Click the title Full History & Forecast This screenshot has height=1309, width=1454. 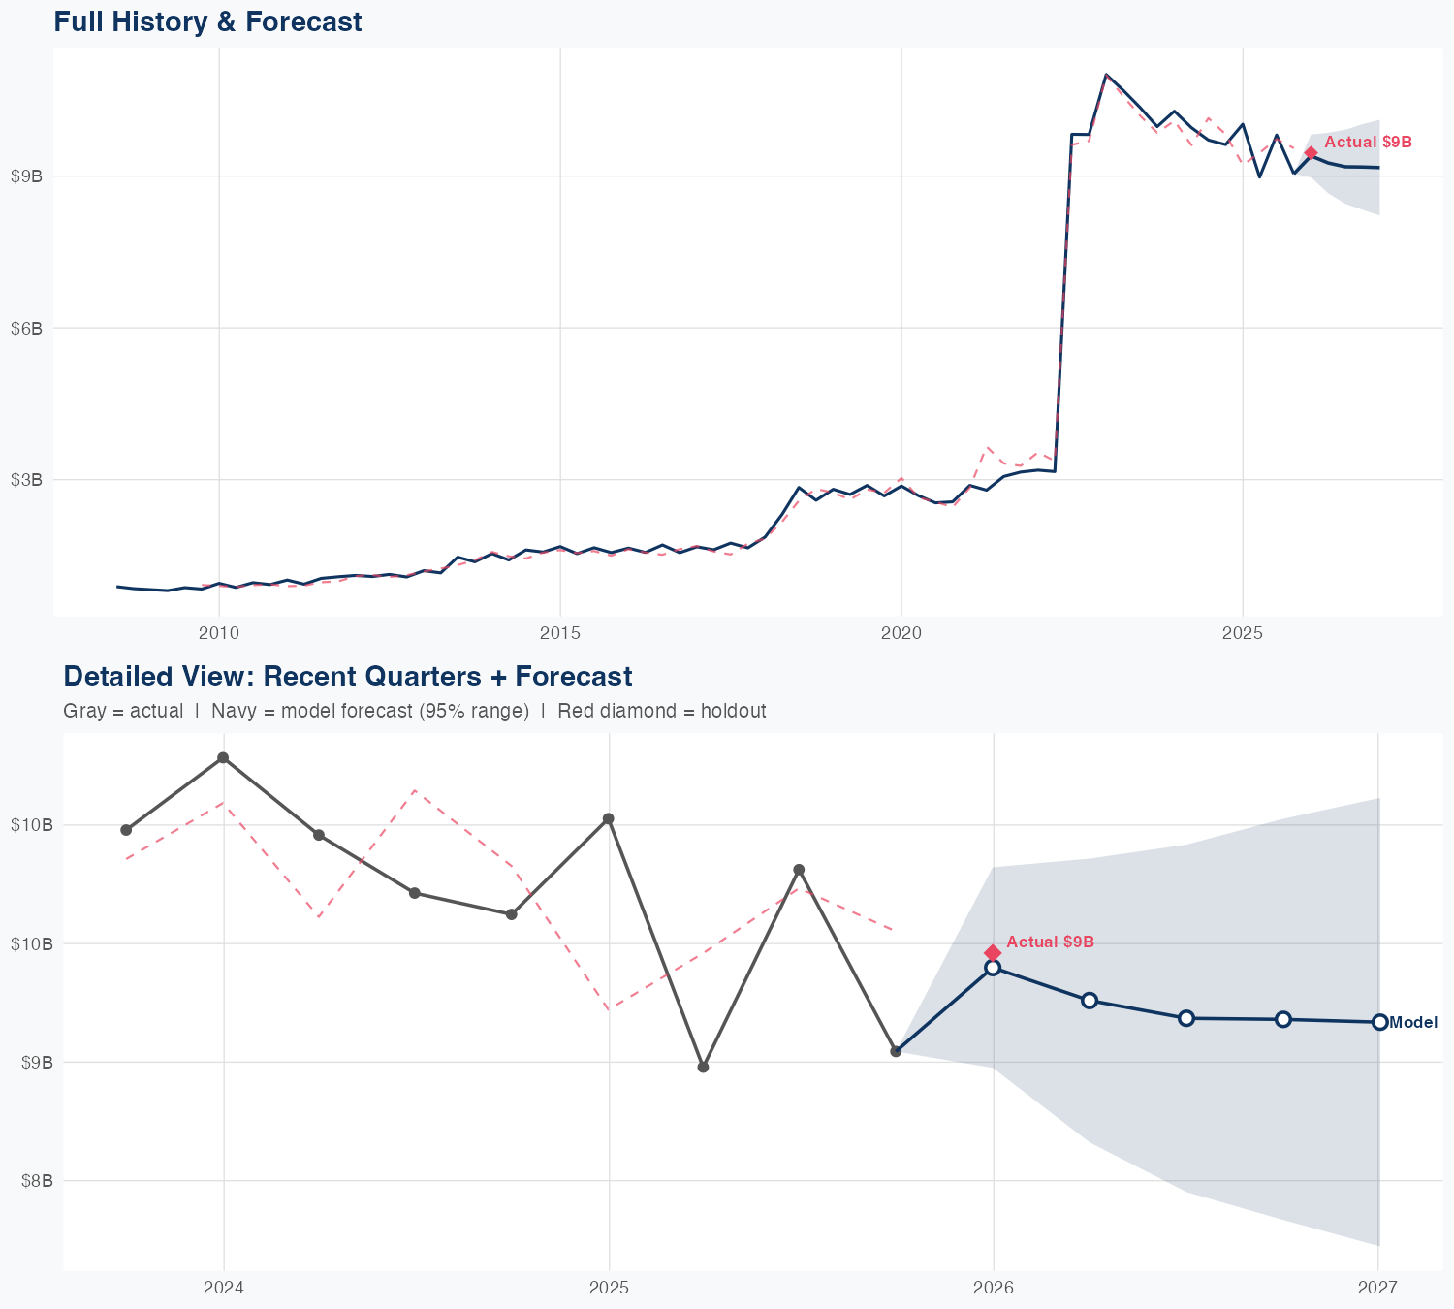(207, 22)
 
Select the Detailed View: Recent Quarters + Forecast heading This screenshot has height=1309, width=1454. (347, 676)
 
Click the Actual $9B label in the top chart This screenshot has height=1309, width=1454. (1368, 143)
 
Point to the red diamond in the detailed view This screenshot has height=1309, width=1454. (993, 952)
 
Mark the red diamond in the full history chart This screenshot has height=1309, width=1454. (1311, 153)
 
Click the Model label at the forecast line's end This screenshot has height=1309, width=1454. (1413, 1022)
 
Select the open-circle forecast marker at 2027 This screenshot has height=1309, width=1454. (1379, 1022)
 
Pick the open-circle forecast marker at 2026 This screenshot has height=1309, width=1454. (993, 968)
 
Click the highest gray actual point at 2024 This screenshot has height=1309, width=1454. (223, 757)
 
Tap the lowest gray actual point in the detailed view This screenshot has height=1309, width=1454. (704, 1067)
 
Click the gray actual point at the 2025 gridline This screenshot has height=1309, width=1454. (609, 819)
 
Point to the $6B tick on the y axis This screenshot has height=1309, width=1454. (26, 328)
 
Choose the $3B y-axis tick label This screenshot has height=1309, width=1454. (26, 480)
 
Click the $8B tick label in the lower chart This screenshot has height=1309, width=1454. (36, 1181)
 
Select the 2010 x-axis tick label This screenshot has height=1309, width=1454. (219, 634)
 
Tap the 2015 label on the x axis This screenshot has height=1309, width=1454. (560, 634)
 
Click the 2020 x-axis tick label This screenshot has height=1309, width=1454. (901, 634)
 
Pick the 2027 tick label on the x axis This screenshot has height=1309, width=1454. (1377, 1288)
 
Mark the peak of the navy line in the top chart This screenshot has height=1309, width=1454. (1106, 74)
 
